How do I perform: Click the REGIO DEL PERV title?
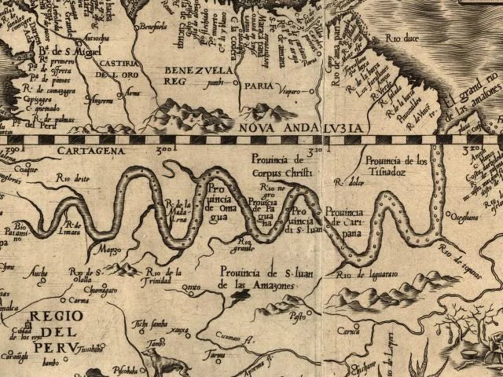click(47, 331)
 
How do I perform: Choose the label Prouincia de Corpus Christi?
click(283, 167)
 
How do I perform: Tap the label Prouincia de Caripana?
click(347, 215)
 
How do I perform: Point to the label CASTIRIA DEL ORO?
click(117, 66)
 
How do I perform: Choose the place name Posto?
click(296, 317)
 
